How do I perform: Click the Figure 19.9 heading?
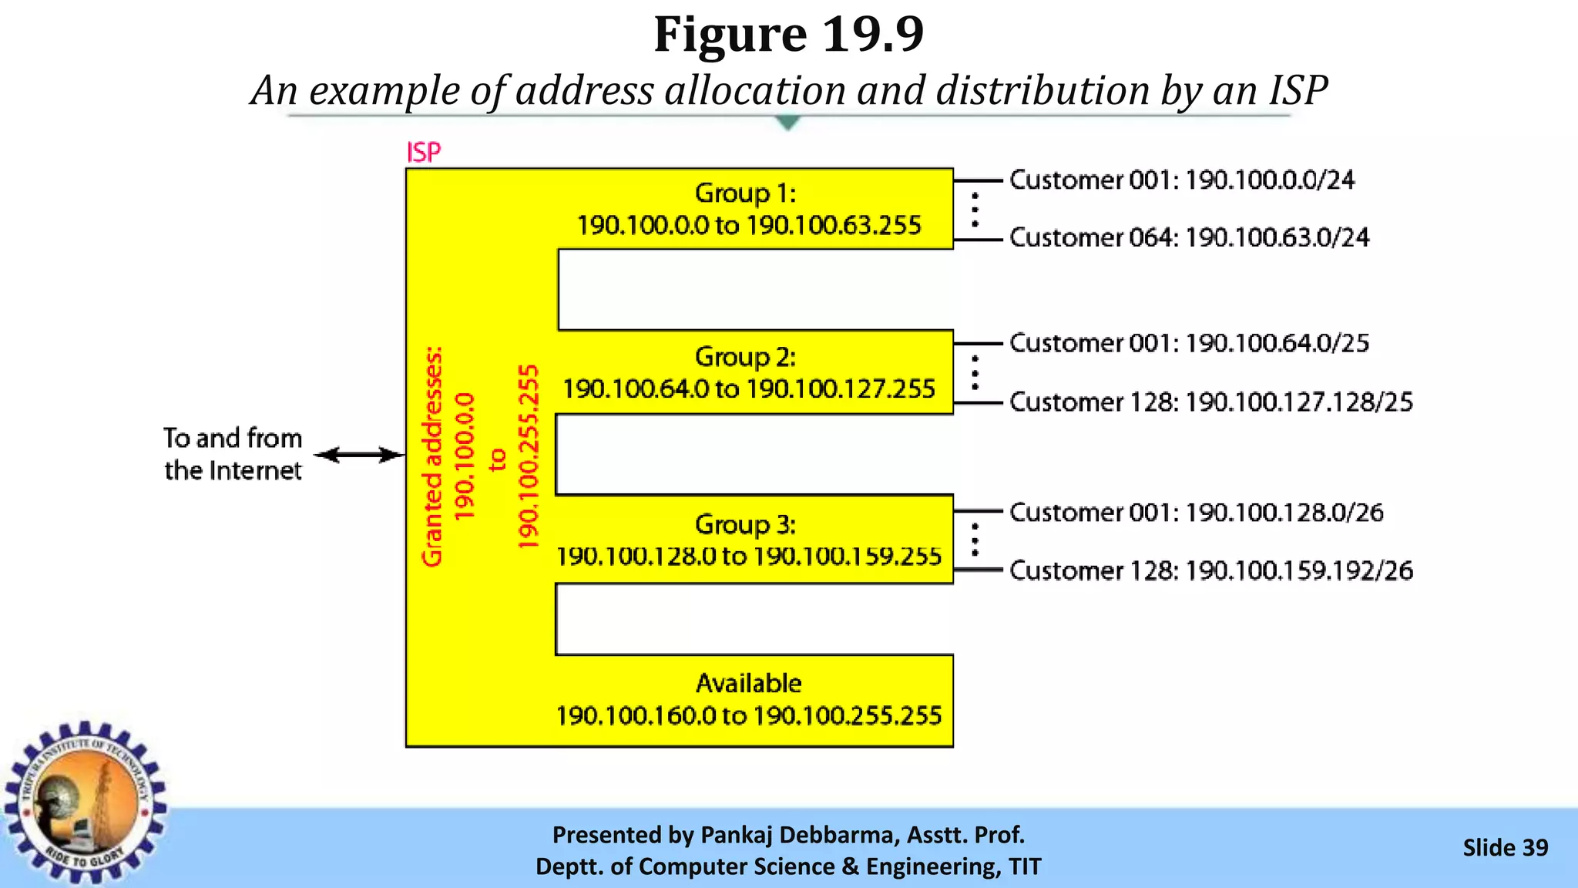[788, 35]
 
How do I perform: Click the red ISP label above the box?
[424, 152]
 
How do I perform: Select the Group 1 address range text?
[749, 226]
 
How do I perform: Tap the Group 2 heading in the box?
[745, 357]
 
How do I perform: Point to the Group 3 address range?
[749, 557]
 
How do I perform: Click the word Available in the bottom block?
[749, 684]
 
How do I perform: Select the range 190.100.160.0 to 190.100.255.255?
[749, 716]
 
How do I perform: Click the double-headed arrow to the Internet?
[360, 455]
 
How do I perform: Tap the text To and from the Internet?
[233, 454]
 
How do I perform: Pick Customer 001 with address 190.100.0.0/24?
[1182, 180]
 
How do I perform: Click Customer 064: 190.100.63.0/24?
[1189, 237]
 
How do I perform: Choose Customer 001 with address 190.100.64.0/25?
[1189, 343]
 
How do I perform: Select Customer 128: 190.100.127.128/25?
[1211, 402]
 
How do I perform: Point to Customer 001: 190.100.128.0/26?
[1196, 513]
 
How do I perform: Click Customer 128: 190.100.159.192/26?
[1211, 571]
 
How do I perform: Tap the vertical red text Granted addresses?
[433, 456]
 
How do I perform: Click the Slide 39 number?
[1505, 848]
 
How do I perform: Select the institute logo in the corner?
[85, 802]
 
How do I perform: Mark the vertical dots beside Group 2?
[975, 372]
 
